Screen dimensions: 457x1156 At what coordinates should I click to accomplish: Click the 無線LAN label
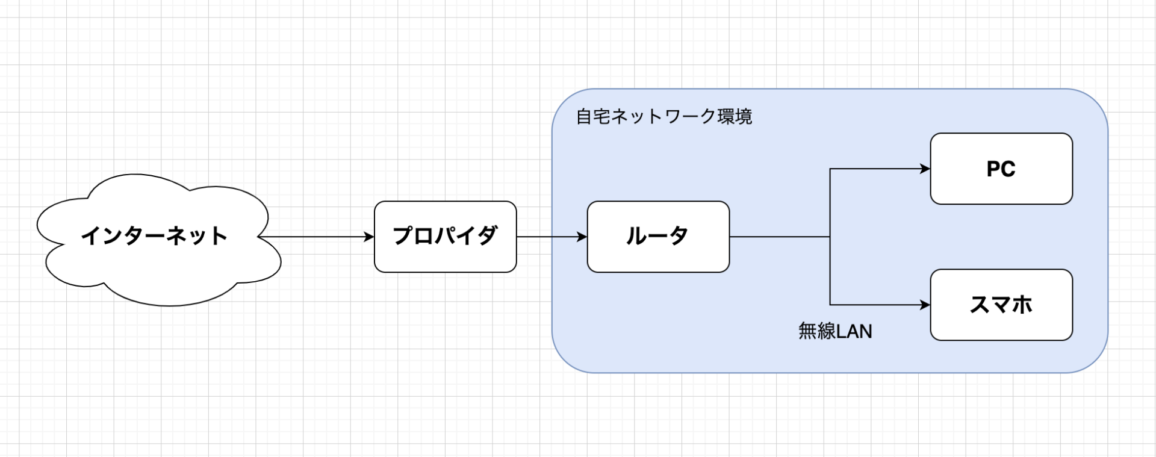point(835,331)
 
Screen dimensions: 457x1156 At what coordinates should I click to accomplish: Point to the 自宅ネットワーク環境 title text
point(664,116)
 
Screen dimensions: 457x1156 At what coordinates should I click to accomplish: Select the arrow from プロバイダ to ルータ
point(551,237)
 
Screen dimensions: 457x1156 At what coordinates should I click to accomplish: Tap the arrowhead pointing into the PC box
point(925,169)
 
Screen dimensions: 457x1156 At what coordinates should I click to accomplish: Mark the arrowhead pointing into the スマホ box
point(925,305)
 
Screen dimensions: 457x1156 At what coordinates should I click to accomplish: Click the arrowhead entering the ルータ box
point(582,237)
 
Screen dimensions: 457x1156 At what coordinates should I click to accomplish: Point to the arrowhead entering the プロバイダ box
point(369,237)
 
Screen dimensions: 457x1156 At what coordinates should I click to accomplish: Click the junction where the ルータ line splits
point(830,237)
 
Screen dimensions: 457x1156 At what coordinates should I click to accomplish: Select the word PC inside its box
point(1001,169)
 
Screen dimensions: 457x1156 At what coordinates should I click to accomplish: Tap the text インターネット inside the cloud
point(154,235)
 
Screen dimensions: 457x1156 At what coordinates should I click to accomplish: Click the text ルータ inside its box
point(657,235)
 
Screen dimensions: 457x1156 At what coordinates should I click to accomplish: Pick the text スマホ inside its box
point(1001,305)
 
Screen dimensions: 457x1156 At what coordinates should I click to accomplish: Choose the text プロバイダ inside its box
point(445,235)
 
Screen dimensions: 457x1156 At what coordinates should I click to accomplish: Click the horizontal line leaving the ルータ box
point(780,237)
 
